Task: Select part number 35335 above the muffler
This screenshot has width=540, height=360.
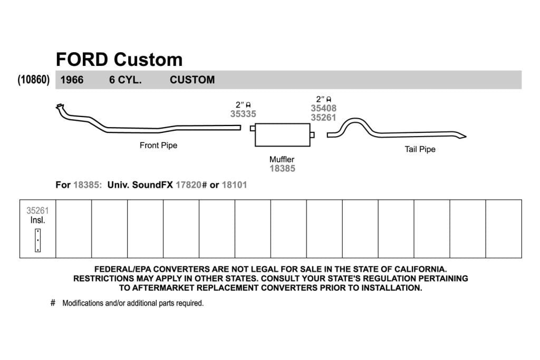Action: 243,114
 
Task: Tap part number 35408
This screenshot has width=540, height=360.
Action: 323,108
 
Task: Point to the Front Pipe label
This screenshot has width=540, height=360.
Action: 158,145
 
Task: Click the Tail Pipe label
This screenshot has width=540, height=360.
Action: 420,149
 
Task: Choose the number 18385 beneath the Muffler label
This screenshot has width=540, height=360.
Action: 283,168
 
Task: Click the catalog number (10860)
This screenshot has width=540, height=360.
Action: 33,80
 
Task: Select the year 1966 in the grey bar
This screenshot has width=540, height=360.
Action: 72,80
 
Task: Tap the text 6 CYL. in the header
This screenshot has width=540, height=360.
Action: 126,80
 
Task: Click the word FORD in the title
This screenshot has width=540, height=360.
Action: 82,60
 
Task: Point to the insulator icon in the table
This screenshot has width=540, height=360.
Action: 38,240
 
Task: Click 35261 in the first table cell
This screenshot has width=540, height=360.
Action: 37,211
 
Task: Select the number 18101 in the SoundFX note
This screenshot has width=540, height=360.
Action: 235,185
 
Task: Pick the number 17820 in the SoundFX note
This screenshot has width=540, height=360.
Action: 188,185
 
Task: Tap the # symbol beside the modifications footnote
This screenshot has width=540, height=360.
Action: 53,303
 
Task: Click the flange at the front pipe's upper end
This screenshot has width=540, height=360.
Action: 59,106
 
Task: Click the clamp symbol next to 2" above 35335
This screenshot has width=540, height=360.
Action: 248,105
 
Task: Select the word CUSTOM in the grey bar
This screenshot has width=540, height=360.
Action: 192,80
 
